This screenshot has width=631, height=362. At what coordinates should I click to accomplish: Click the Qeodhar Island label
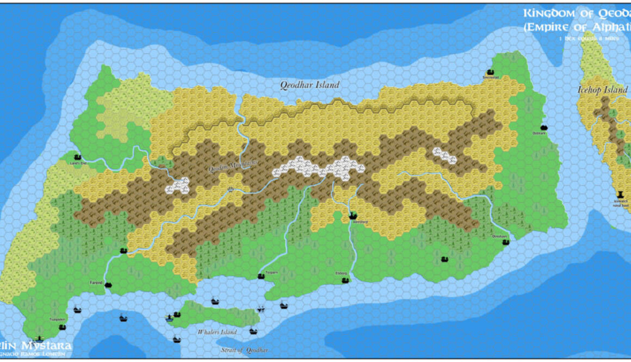310,84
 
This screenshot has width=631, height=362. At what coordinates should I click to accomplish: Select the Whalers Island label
217,332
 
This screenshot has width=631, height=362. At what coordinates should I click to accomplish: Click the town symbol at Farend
108,285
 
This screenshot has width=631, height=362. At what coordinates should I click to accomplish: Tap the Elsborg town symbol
345,280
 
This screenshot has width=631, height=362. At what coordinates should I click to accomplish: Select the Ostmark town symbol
543,127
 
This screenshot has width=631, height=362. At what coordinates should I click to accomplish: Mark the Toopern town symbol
260,277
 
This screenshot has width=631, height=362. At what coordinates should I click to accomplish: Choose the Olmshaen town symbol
505,242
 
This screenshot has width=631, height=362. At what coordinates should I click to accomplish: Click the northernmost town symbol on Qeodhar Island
490,72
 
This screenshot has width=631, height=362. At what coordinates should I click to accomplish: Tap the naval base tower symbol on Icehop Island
620,194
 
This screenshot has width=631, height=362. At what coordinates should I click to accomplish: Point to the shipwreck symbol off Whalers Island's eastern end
261,309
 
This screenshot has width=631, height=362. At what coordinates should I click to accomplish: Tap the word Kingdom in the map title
545,13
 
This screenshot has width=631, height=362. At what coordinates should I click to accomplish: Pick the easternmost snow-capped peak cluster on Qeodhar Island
444,156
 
